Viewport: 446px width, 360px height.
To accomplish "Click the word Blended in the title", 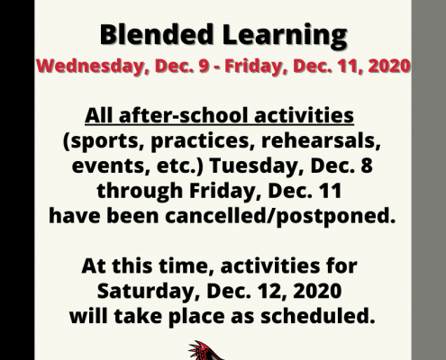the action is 157,34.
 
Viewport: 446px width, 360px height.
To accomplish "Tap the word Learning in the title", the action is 285,36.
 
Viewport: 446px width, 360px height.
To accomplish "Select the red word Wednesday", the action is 90,67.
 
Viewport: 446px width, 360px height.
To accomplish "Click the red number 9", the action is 204,66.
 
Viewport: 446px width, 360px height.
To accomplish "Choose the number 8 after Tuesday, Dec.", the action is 367,166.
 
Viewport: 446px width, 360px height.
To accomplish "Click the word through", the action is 140,192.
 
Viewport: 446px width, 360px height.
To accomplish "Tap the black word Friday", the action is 224,192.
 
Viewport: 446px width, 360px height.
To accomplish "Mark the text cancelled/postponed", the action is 280,216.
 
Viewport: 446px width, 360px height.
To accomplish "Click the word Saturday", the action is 149,292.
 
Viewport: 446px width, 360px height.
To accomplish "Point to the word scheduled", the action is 317,316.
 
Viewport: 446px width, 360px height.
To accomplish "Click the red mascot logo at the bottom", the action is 206,350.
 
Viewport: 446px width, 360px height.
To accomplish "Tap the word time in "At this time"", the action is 187,266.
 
